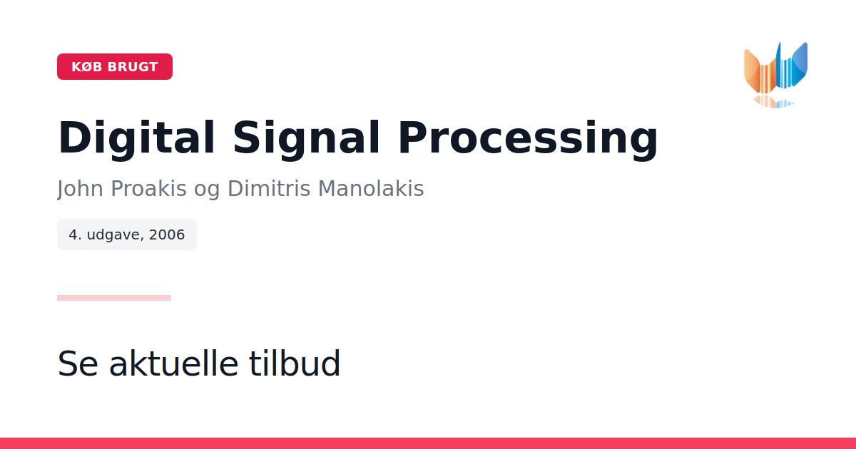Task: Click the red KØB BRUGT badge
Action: [x=115, y=66]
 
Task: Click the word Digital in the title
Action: [x=136, y=138]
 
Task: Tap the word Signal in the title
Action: [x=306, y=138]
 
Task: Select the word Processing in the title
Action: [x=528, y=138]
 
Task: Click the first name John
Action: [x=80, y=189]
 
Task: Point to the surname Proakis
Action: [x=148, y=188]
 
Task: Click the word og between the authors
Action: [x=207, y=191]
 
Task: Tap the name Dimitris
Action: [x=269, y=188]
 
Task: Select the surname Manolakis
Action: [x=371, y=188]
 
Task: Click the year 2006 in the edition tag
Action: [x=167, y=234]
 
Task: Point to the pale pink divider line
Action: [x=114, y=298]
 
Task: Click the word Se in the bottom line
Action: [x=78, y=363]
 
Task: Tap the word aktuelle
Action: [x=174, y=363]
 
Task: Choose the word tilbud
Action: [x=294, y=363]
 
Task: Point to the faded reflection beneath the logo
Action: [x=774, y=101]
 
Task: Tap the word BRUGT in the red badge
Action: [x=133, y=67]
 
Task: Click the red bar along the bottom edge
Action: [x=428, y=443]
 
